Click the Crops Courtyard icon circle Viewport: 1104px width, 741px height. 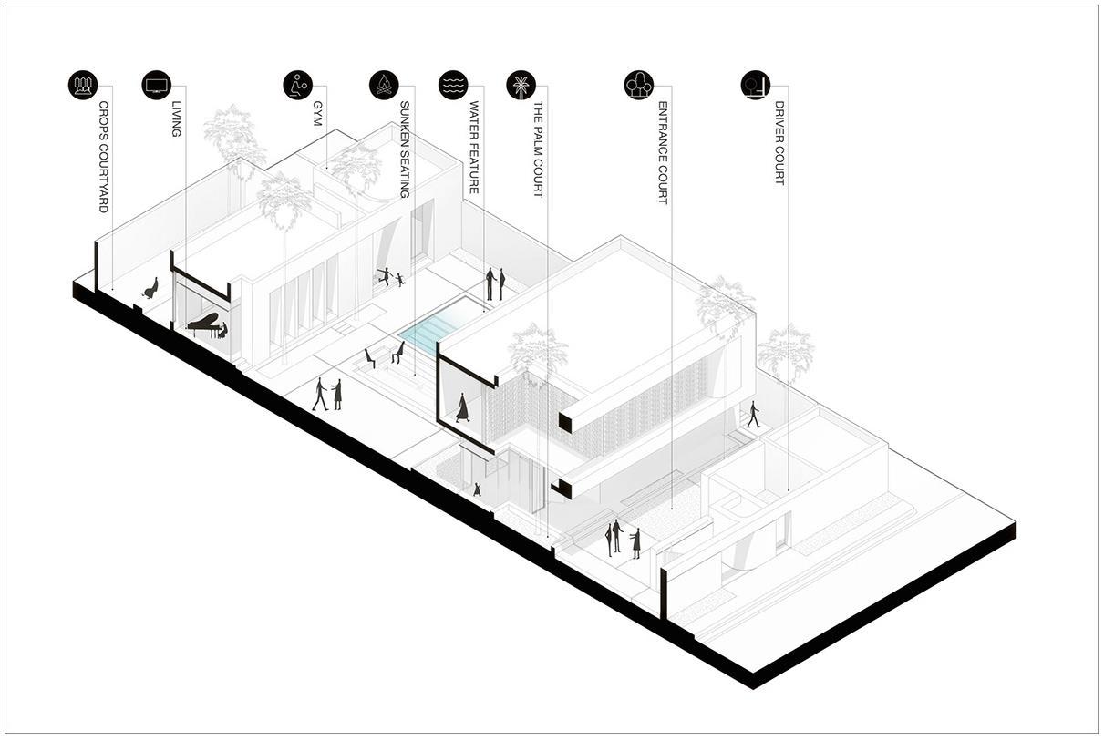(x=82, y=85)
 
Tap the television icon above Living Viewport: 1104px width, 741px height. (x=157, y=85)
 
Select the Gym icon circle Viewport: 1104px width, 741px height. (x=297, y=85)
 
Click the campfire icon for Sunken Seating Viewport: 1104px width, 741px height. (x=384, y=85)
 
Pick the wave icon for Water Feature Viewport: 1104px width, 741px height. (x=453, y=85)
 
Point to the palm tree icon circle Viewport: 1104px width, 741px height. (x=521, y=85)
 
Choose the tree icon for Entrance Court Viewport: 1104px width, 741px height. (x=638, y=85)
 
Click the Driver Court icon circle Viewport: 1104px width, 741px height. (x=755, y=85)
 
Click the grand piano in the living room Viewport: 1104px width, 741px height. (x=204, y=324)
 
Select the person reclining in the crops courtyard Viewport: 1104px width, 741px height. (x=150, y=289)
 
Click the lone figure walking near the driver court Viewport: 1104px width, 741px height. (x=753, y=415)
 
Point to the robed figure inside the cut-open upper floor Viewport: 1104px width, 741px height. (x=462, y=407)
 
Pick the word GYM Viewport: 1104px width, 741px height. (x=318, y=113)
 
